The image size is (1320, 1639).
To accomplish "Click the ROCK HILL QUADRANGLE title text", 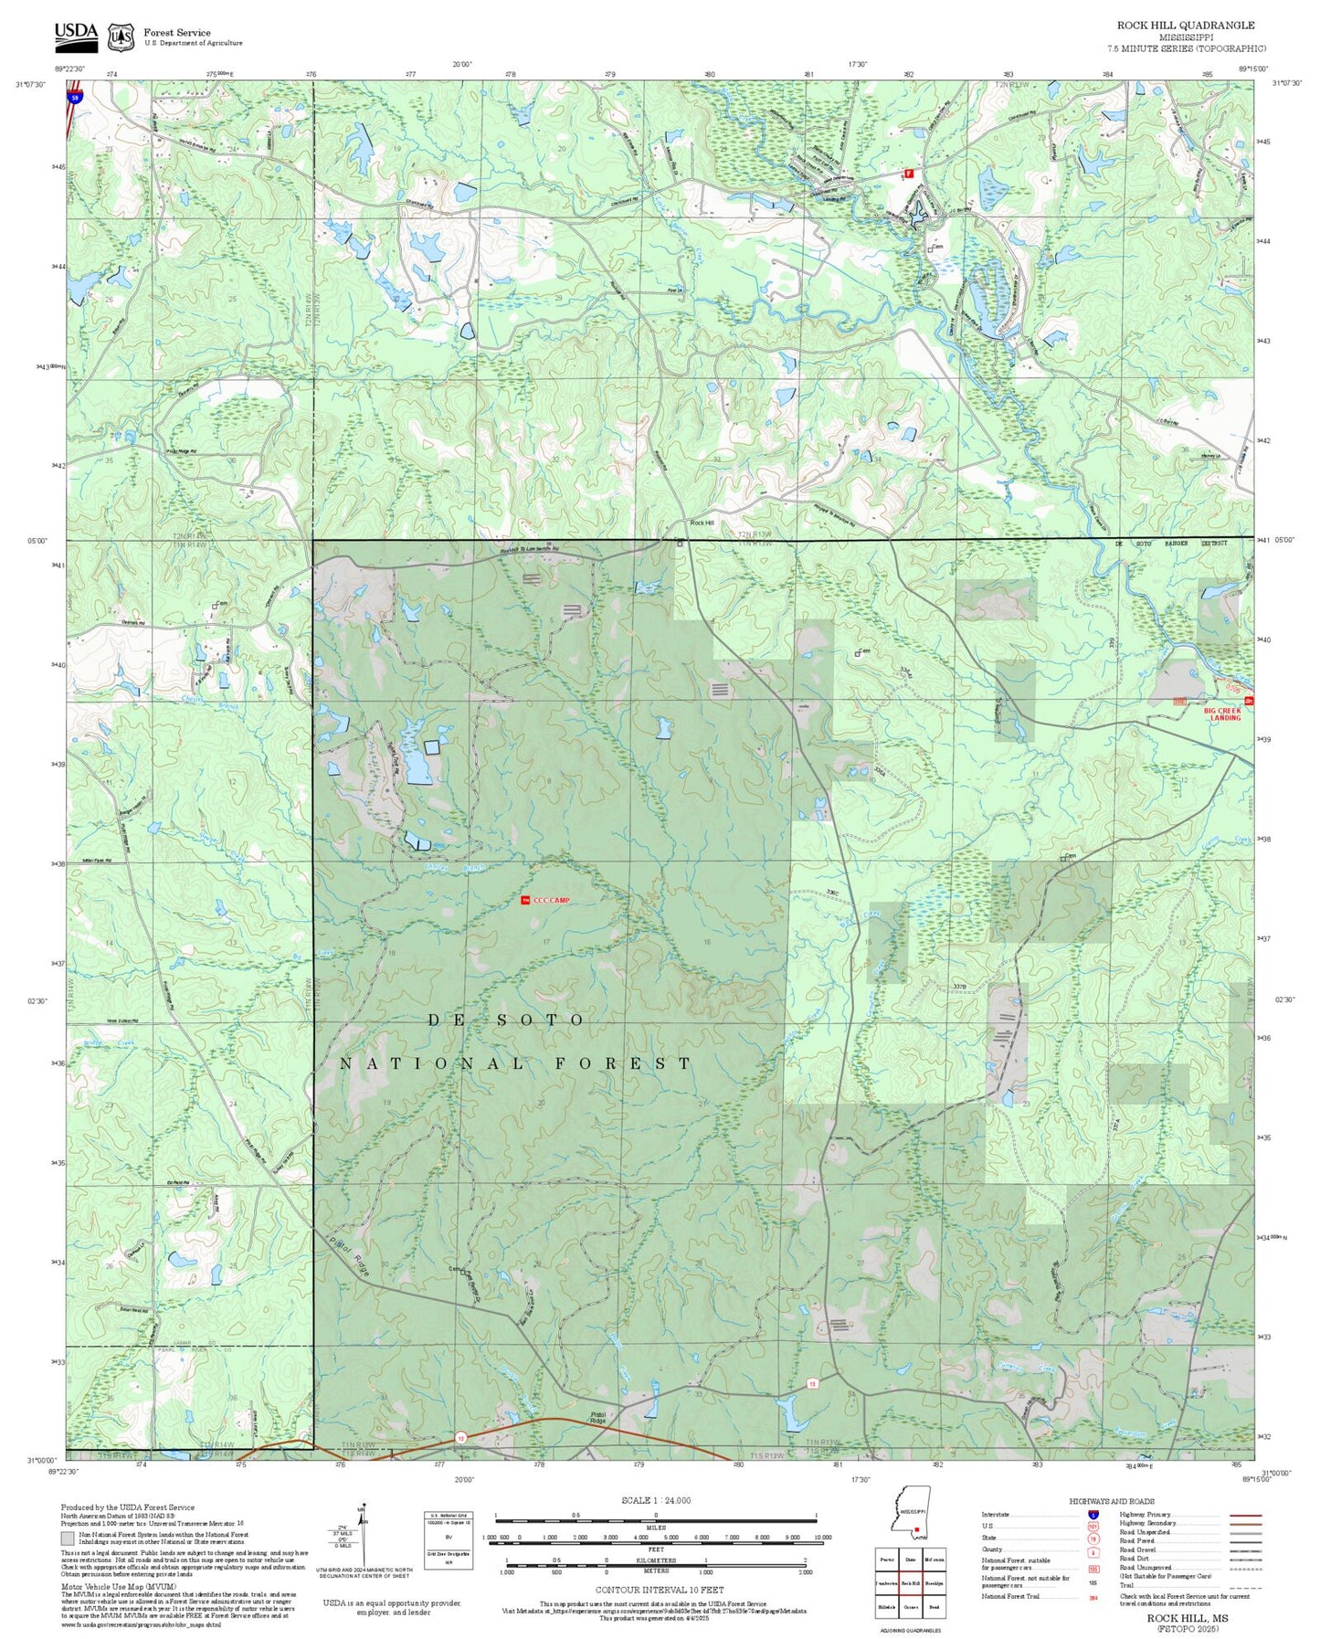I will [1185, 25].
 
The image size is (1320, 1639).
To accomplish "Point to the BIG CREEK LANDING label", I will [1223, 714].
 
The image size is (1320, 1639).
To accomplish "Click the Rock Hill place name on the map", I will [702, 523].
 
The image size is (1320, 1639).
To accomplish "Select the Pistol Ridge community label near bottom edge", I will [597, 1418].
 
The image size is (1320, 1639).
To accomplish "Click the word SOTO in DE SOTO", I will [539, 1020].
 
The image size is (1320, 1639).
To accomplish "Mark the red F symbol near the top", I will [908, 173].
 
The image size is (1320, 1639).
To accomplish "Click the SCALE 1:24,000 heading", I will [655, 1500].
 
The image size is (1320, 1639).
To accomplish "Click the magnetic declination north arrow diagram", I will [363, 1538].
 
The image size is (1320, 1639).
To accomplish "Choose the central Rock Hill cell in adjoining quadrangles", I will [910, 1583].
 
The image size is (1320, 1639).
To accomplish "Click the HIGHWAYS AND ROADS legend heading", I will [1111, 1501].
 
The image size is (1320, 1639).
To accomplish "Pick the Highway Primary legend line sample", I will [1245, 1514].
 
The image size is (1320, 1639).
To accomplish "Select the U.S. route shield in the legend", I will [1093, 1526].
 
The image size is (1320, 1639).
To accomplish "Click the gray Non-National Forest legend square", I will [68, 1539].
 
